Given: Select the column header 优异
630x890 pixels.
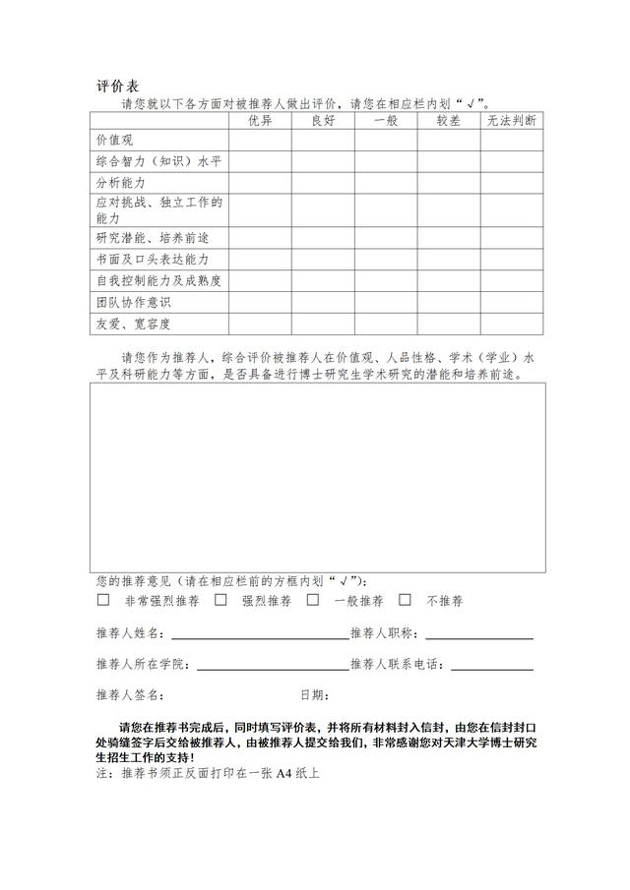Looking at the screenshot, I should coord(260,121).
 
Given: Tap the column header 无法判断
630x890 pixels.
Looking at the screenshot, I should coord(512,121).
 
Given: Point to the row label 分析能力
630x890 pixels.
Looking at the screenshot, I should coord(121,184).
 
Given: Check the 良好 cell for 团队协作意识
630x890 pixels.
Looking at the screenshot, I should coord(323,303).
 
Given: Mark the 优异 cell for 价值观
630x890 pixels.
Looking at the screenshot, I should coord(260,141).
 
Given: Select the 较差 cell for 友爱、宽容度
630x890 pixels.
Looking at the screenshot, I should coord(449,325).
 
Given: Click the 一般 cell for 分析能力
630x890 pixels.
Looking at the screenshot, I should coord(386,184).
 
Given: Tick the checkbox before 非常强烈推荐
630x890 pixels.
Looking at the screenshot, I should coord(103,599).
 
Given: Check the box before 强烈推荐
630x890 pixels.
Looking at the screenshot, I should coord(220,599).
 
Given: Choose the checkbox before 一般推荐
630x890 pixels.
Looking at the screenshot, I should coord(313,599).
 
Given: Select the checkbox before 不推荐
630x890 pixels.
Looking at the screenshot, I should coord(405,599).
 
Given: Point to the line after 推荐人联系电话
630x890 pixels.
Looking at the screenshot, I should coord(492,667).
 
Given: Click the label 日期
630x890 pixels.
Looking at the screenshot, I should coord(313,695).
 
